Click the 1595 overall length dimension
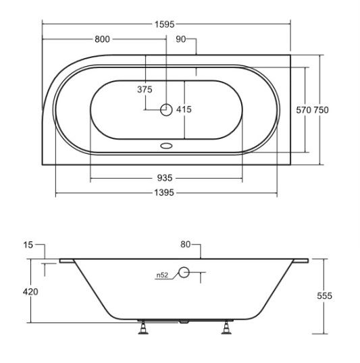click(x=164, y=24)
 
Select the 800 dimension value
click(x=102, y=39)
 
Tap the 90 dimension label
click(x=180, y=39)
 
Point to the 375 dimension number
click(x=145, y=89)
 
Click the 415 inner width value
click(x=184, y=109)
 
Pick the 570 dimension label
click(x=304, y=110)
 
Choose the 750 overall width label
click(x=321, y=110)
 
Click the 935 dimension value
click(x=165, y=178)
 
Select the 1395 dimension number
click(x=164, y=192)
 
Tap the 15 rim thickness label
click(x=28, y=245)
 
